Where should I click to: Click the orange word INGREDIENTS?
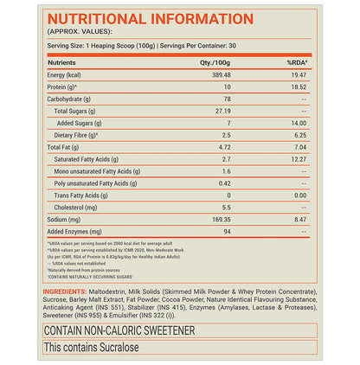click(69, 291)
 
